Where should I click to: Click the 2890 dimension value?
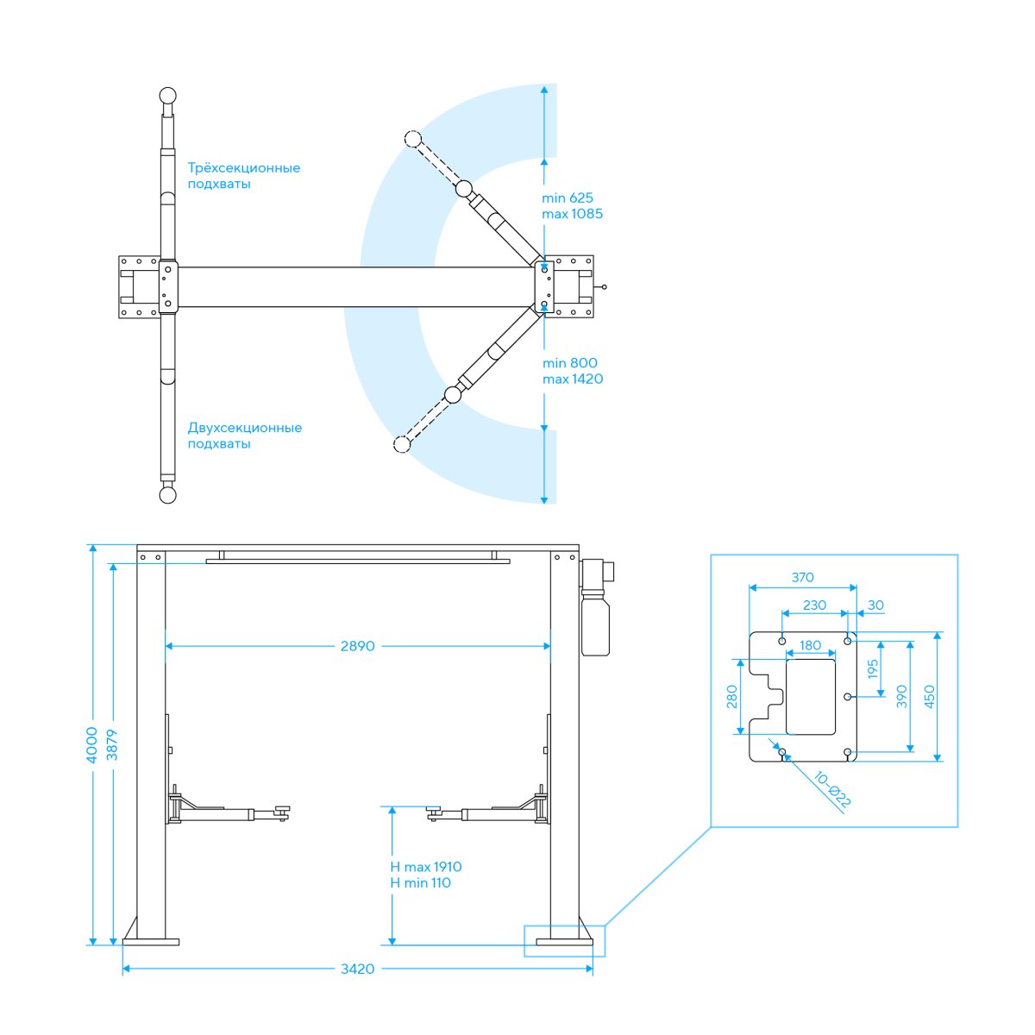357,646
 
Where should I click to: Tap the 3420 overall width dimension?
358,969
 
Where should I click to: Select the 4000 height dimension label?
91,745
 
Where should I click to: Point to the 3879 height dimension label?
112,745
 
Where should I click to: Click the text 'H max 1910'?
426,866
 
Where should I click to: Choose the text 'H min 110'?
421,882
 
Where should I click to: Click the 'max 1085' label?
572,214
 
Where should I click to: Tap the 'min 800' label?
570,363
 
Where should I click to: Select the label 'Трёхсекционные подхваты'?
243,176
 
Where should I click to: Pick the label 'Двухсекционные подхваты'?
244,436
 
